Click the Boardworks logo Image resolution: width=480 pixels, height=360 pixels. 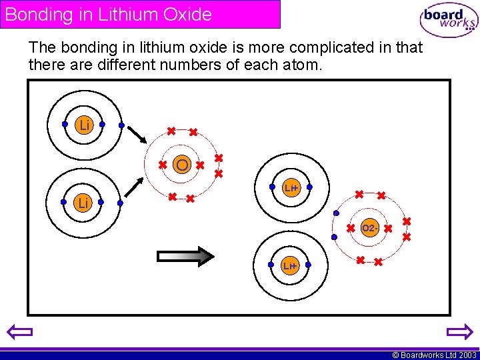449,20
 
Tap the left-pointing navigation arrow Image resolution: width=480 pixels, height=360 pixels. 18,332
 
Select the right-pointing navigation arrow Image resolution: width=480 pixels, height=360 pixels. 459,332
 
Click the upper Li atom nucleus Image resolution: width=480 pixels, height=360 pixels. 84,125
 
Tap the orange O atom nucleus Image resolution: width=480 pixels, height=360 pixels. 181,164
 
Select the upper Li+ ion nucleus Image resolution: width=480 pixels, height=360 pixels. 290,189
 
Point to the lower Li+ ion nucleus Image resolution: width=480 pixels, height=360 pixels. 289,266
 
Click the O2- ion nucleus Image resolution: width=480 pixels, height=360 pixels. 370,228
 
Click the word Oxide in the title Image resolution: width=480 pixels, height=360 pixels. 186,14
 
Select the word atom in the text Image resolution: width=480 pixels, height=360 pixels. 303,65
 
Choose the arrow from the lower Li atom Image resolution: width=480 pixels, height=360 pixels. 135,187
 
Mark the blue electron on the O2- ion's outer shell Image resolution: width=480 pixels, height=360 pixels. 335,214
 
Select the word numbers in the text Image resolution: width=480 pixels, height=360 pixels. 181,65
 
